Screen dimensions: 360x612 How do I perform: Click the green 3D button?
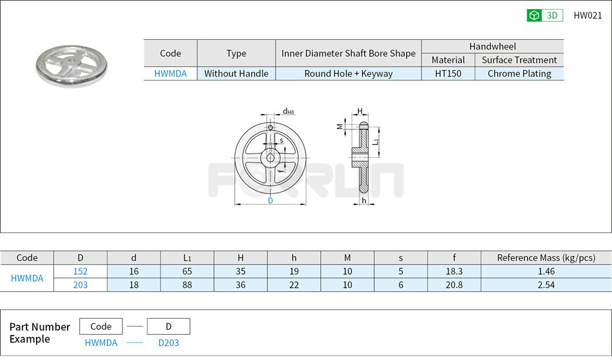(544, 15)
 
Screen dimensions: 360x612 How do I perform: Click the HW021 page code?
(588, 15)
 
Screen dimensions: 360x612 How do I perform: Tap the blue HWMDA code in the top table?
(170, 73)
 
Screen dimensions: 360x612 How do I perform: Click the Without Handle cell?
(236, 73)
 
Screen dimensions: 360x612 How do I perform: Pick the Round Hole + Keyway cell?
(349, 73)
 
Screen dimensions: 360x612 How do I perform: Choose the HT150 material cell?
(448, 73)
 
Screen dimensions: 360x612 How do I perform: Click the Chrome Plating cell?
(519, 73)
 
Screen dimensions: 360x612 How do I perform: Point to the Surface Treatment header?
(519, 60)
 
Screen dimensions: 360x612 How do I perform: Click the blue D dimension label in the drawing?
(271, 201)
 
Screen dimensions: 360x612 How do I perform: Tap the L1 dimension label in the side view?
(376, 140)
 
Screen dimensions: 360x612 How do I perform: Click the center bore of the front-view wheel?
(271, 158)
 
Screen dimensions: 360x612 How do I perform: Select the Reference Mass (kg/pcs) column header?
(546, 258)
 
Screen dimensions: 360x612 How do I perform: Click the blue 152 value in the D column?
(81, 271)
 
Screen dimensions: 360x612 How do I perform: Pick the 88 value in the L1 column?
(187, 285)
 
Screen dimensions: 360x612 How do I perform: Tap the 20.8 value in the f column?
(454, 285)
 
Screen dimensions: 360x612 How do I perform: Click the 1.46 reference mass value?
(546, 271)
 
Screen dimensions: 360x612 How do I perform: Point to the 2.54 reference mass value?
(546, 285)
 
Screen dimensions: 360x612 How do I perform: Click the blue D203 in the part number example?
(169, 343)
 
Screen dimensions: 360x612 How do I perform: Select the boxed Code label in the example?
(101, 327)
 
